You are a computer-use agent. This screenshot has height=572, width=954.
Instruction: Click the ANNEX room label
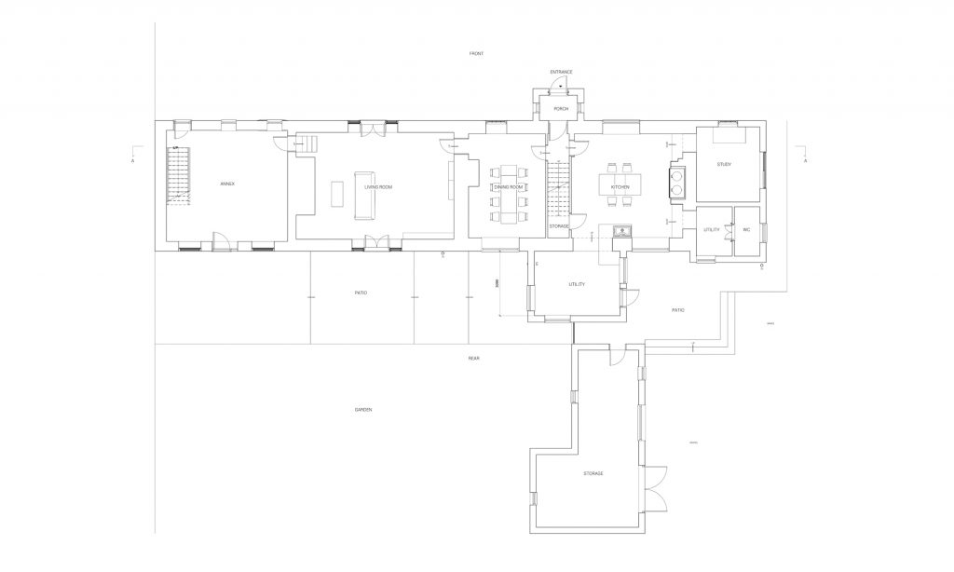[x=227, y=184]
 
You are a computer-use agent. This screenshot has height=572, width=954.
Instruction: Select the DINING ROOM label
[x=509, y=187]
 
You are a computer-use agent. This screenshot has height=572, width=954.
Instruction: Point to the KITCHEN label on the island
[x=620, y=187]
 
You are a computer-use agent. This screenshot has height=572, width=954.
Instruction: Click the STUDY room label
[x=724, y=165]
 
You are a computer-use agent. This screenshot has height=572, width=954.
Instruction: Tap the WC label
[x=746, y=229]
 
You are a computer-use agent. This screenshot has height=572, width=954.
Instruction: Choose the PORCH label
[x=561, y=109]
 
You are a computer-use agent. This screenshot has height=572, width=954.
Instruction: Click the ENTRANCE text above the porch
[x=561, y=72]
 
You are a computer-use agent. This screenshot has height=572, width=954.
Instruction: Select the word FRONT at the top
[x=476, y=54]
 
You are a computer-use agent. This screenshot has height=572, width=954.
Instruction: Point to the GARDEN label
[x=363, y=410]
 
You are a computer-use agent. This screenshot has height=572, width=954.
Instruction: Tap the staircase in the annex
[x=178, y=174]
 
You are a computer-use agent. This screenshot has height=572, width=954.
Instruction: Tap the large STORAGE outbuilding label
[x=593, y=474]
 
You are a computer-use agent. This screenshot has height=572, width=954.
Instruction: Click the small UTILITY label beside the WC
[x=712, y=229]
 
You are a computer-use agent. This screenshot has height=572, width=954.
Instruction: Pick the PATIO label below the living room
[x=361, y=293]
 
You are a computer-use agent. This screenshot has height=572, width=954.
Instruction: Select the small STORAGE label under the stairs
[x=559, y=225]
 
